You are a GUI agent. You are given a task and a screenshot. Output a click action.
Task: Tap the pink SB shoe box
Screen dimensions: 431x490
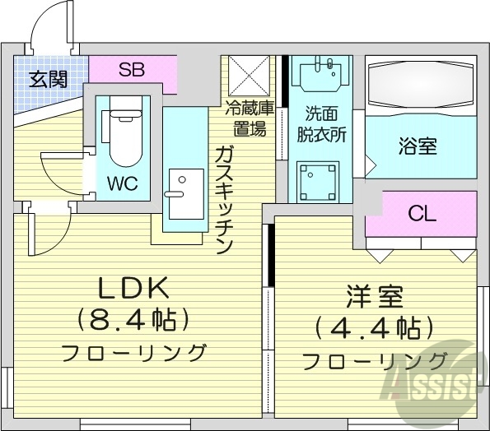click(x=132, y=69)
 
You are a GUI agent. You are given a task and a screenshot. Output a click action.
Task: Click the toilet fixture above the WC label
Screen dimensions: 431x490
click(x=123, y=132)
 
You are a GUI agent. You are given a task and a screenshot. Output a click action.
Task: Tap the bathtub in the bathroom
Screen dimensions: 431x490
click(x=420, y=86)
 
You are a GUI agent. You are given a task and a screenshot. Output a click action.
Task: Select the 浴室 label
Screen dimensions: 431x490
click(x=418, y=147)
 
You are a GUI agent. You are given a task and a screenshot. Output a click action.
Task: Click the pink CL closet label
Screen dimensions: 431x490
click(x=421, y=215)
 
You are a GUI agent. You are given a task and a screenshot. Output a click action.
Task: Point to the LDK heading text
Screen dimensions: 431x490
click(x=133, y=288)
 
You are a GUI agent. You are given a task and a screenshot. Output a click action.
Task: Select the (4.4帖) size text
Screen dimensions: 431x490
click(x=373, y=329)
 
